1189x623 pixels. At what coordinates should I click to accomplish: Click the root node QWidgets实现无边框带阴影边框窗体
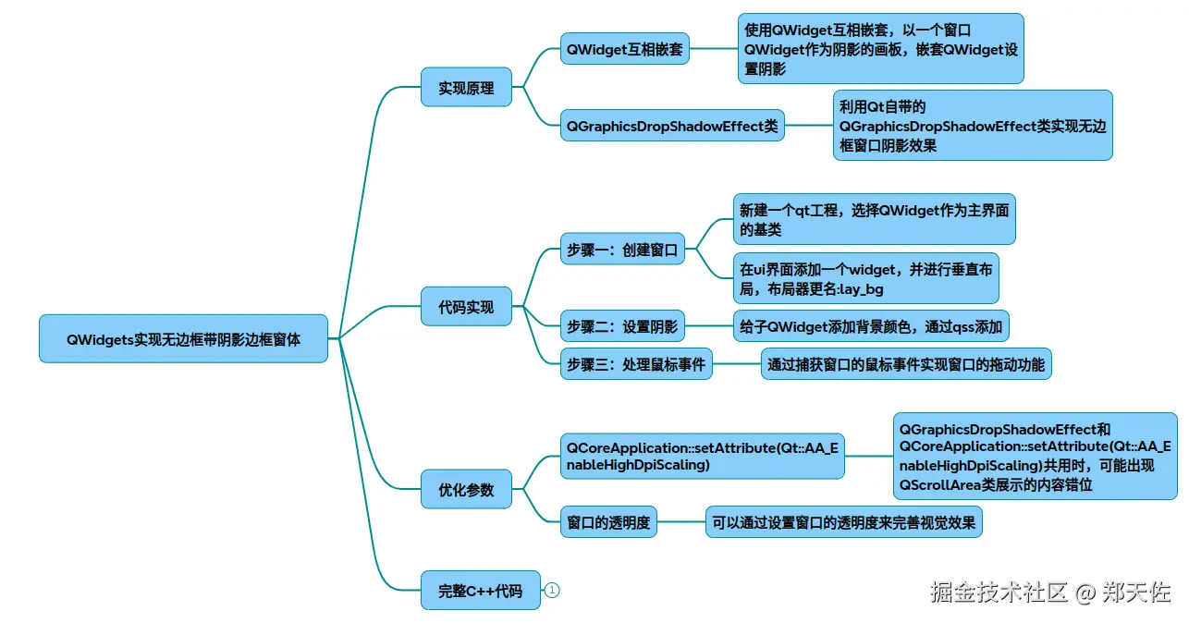pos(183,338)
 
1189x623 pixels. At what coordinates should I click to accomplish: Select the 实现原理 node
pos(466,89)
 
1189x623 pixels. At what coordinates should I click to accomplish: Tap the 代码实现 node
pos(466,307)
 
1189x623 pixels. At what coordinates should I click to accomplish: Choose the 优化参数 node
pos(466,490)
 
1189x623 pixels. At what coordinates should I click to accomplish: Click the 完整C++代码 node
pos(480,591)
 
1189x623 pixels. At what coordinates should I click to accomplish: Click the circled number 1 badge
pos(552,590)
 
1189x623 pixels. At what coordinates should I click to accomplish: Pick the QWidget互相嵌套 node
pos(625,49)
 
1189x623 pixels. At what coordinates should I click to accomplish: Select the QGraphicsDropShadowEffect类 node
pos(672,126)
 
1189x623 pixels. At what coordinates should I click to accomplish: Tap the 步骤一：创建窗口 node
pos(622,250)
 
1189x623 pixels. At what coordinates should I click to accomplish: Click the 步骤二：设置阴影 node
pos(622,326)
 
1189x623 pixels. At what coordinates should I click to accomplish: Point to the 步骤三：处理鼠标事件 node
pos(636,365)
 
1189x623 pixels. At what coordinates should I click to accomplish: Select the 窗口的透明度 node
pos(608,522)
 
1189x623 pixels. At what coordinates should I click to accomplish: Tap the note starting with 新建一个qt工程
pos(873,219)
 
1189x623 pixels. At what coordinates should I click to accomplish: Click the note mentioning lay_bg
pos(865,279)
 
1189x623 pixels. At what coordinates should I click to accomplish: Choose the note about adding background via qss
pos(871,326)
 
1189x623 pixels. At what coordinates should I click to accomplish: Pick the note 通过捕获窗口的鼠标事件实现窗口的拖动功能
pos(905,365)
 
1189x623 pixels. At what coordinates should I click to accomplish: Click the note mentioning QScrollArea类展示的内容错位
pos(1034,457)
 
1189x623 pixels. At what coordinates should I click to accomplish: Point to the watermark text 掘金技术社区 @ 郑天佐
pos(1050,592)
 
